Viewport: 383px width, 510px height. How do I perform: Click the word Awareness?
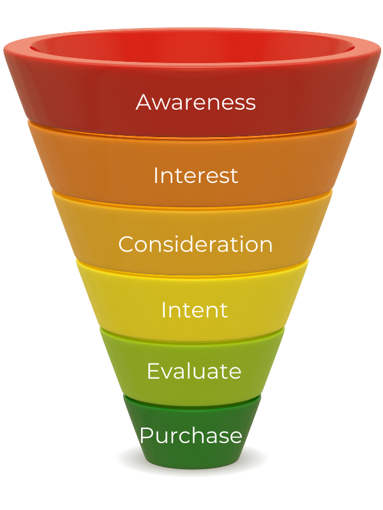pyautogui.click(x=195, y=102)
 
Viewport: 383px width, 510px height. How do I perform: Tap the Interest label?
pyautogui.click(x=195, y=175)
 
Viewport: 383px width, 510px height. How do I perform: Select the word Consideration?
pyautogui.click(x=195, y=244)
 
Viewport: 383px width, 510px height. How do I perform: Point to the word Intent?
pyautogui.click(x=194, y=310)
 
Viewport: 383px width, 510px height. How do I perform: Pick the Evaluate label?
pyautogui.click(x=193, y=370)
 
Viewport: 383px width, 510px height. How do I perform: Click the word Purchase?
pyautogui.click(x=191, y=436)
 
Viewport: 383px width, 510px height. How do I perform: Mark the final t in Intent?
pyautogui.click(x=223, y=310)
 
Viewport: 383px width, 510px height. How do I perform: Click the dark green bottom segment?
pyautogui.click(x=191, y=456)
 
